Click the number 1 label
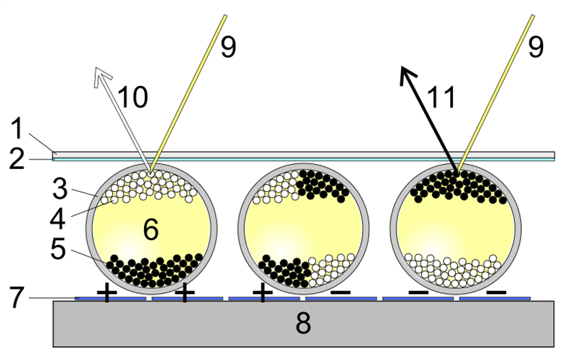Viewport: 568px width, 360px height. pos(17,129)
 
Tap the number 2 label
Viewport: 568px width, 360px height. pos(16,159)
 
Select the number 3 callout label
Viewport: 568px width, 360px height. pos(60,188)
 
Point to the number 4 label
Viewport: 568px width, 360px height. pos(58,219)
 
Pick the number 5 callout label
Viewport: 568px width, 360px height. pos(58,249)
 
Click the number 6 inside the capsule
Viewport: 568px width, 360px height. pos(151,229)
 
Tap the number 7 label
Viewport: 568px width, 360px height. pos(17,298)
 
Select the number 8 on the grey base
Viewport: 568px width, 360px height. pos(303,323)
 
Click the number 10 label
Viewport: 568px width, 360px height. pos(133,97)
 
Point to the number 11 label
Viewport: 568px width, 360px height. pos(441,98)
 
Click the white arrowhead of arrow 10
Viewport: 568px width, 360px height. pos(102,76)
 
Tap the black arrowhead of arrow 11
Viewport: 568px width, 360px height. pos(408,75)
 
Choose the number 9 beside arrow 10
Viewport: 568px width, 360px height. pos(228,47)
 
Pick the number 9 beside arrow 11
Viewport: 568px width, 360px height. pos(536,47)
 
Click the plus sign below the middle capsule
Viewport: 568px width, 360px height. pos(263,293)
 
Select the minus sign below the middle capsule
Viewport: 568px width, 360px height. pos(341,293)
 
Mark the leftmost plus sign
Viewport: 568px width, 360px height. pos(107,293)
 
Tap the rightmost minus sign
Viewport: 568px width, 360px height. pos(496,293)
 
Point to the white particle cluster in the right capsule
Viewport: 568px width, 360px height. pos(453,271)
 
